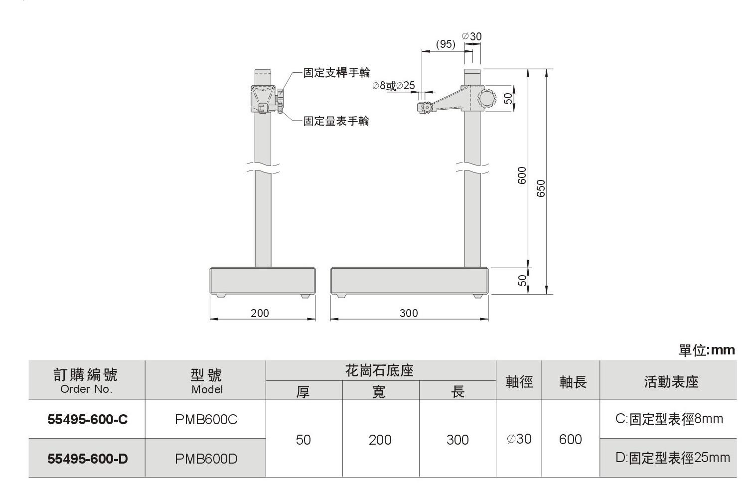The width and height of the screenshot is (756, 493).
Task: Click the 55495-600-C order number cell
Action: click(x=87, y=420)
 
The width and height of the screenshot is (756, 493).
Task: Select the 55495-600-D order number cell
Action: click(x=87, y=459)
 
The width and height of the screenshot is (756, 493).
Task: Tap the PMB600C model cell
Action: click(x=206, y=420)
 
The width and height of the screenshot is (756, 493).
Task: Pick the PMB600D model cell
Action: click(x=206, y=459)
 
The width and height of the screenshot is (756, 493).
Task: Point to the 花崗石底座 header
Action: click(x=380, y=371)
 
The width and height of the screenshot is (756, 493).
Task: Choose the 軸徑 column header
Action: click(x=519, y=381)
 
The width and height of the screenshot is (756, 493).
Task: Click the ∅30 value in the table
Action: click(x=519, y=439)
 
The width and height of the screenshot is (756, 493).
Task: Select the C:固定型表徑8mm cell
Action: click(x=669, y=419)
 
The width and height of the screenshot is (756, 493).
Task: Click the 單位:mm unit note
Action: click(x=706, y=350)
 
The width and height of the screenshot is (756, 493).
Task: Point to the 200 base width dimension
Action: click(x=260, y=313)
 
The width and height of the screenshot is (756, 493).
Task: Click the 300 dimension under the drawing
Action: click(x=409, y=313)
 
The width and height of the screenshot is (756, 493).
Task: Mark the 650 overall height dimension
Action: click(x=541, y=188)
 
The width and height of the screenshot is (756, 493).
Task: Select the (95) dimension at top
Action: click(x=445, y=44)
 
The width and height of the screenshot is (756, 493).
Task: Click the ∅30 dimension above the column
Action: click(x=472, y=36)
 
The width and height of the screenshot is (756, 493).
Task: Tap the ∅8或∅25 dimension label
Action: click(x=393, y=86)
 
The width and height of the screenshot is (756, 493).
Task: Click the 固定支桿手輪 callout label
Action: click(x=337, y=73)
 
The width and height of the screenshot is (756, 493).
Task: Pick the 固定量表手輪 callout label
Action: click(x=336, y=121)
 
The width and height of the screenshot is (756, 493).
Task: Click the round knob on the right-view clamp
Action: click(x=487, y=97)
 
